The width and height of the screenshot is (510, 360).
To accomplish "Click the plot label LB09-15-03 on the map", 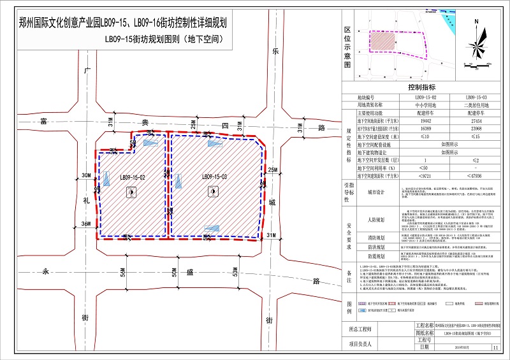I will [215, 177].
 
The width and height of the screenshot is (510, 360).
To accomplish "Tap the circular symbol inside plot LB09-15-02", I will [131, 192].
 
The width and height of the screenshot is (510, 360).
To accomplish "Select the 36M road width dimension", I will [85, 224].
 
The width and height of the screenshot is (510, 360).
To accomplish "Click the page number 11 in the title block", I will [495, 347].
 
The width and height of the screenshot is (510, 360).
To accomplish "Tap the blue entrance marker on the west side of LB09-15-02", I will [99, 189].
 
